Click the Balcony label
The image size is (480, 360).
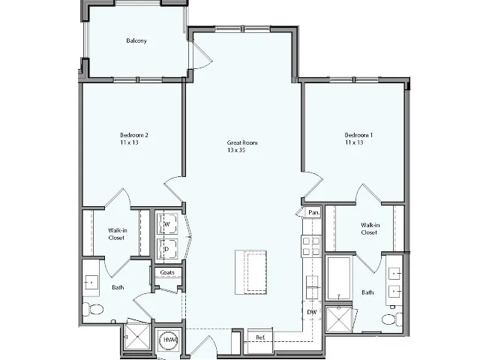point(136,40)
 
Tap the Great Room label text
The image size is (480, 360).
point(242,142)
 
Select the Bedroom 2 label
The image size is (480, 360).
point(134,135)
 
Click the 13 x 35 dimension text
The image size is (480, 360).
point(237,150)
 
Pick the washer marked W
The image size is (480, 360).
point(167,223)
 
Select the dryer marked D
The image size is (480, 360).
point(167,248)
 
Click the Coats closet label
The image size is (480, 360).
point(167,272)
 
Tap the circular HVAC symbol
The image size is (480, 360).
point(169,341)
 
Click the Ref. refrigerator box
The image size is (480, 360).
point(259,337)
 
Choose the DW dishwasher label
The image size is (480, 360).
point(310,311)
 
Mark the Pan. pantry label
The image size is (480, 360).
point(313,213)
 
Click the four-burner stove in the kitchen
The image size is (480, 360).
point(310,245)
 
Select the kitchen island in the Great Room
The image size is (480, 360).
point(251,271)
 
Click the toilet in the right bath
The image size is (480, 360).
point(388,320)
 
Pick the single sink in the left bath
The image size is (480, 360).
point(92,282)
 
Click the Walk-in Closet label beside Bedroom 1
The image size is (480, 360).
point(368,229)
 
